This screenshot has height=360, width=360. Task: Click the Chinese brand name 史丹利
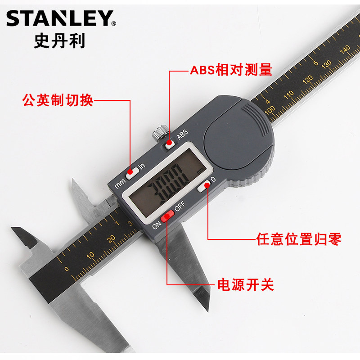point(59,41)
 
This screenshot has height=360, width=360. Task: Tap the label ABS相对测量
point(230,71)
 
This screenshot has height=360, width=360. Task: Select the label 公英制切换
point(58,100)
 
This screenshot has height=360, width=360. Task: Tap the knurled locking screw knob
point(159,134)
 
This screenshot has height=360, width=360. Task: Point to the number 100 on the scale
point(270,109)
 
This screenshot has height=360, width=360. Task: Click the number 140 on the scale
point(345,49)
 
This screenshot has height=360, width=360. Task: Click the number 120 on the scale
point(308,80)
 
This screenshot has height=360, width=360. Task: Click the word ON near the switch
point(157,225)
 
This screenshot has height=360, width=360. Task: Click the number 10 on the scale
point(90,255)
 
